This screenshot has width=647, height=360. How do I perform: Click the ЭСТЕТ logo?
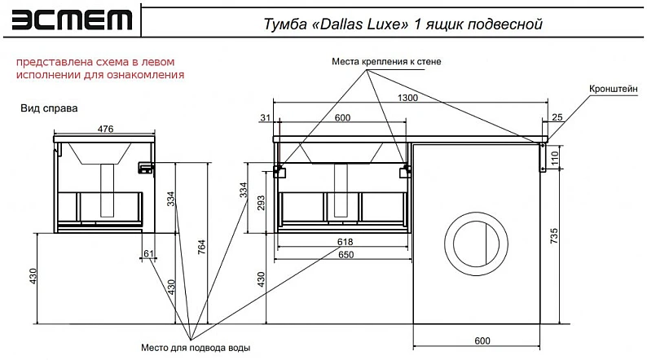pos(72,20)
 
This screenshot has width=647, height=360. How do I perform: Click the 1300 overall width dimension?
pos(407,98)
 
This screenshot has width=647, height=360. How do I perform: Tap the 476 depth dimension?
pos(105,129)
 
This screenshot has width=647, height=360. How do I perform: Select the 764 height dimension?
pos(201,247)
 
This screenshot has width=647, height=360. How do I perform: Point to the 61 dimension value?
pos(148,253)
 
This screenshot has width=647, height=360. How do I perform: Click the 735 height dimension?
pos(554,236)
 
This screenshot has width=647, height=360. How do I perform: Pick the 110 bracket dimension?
pos(554,158)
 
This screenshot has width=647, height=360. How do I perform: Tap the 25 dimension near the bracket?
pos(557,117)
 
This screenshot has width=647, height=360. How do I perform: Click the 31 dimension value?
pos(265,117)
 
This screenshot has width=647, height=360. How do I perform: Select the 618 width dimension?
pos(345,242)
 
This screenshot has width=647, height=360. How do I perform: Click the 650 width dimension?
pos(346,254)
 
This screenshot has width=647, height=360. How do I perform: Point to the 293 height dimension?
pos(262,203)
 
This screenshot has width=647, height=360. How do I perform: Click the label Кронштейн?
pos(613,89)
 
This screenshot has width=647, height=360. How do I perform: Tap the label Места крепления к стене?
pos(386,62)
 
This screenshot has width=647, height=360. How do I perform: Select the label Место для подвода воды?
pos(196,348)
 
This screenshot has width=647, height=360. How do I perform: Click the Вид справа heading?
pos(49,108)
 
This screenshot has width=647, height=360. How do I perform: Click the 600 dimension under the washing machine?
pos(482,340)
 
